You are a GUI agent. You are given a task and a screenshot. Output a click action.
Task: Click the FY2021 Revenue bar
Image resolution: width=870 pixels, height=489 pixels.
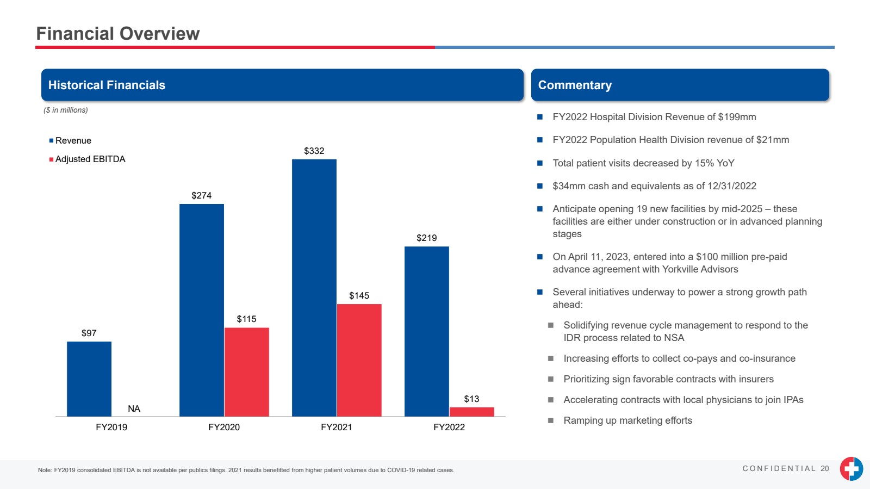pyautogui.click(x=314, y=288)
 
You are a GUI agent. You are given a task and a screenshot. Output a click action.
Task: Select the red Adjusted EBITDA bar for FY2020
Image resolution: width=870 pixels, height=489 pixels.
pyautogui.click(x=246, y=372)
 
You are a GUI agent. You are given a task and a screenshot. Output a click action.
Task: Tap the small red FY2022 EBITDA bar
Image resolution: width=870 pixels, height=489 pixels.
pyautogui.click(x=471, y=412)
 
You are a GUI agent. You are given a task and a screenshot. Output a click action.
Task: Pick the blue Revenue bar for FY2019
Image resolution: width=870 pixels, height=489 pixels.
pyautogui.click(x=89, y=379)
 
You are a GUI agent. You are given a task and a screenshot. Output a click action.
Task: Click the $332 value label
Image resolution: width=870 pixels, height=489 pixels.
pyautogui.click(x=314, y=151)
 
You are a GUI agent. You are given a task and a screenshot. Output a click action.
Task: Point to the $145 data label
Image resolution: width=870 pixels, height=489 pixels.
pyautogui.click(x=359, y=296)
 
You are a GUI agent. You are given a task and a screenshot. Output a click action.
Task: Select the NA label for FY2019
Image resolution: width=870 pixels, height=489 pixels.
pyautogui.click(x=134, y=409)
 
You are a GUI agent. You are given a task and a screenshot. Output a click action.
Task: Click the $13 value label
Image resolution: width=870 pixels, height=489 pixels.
pyautogui.click(x=471, y=399)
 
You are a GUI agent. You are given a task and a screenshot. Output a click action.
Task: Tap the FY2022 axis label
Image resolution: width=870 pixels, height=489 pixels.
pyautogui.click(x=449, y=428)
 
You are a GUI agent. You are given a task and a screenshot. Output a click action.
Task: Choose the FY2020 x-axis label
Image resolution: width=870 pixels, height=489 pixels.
pyautogui.click(x=223, y=428)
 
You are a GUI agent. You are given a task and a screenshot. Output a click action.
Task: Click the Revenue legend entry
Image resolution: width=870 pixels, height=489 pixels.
pyautogui.click(x=73, y=141)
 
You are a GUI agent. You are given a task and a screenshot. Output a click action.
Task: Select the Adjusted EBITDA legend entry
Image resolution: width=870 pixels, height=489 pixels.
pyautogui.click(x=90, y=159)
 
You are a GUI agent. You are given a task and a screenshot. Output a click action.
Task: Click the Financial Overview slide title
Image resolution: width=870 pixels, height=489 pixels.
pyautogui.click(x=118, y=34)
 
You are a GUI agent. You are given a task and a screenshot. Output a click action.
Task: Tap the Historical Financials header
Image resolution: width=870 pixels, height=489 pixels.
pyautogui.click(x=107, y=85)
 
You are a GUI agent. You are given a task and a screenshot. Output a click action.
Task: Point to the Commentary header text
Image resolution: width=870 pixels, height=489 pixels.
pyautogui.click(x=575, y=85)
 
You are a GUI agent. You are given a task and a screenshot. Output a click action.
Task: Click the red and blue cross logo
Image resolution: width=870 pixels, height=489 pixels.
pyautogui.click(x=851, y=468)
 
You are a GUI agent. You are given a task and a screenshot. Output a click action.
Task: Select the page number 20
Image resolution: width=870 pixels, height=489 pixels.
pyautogui.click(x=825, y=469)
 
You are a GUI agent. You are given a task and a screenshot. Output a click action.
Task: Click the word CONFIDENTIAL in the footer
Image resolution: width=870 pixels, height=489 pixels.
pyautogui.click(x=779, y=469)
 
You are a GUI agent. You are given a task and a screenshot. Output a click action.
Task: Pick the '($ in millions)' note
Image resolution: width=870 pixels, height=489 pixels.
pyautogui.click(x=66, y=110)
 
